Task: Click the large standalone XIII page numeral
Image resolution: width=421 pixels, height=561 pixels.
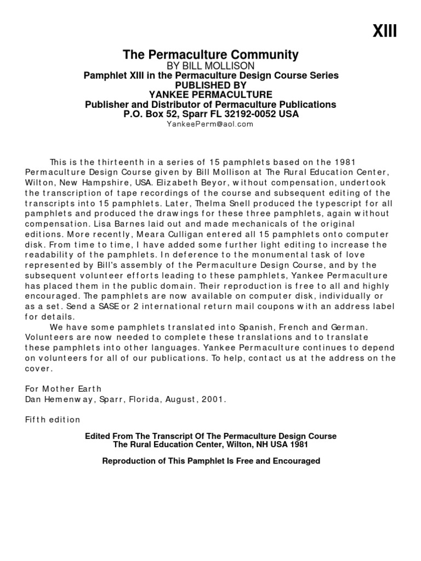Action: [x=385, y=32]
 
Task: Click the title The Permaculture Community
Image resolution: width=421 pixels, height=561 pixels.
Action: [x=210, y=55]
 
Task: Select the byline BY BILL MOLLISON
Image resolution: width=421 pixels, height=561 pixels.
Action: [x=210, y=66]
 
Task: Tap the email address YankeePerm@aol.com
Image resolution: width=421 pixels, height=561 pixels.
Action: [x=210, y=124]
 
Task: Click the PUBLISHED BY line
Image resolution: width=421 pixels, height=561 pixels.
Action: [x=210, y=85]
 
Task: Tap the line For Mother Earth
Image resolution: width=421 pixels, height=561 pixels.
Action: [x=56, y=389]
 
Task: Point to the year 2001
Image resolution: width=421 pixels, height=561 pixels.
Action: [x=214, y=399]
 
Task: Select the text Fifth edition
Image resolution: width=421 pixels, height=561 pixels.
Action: [x=53, y=420]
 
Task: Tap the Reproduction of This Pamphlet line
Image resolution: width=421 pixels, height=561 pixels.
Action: [x=210, y=461]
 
